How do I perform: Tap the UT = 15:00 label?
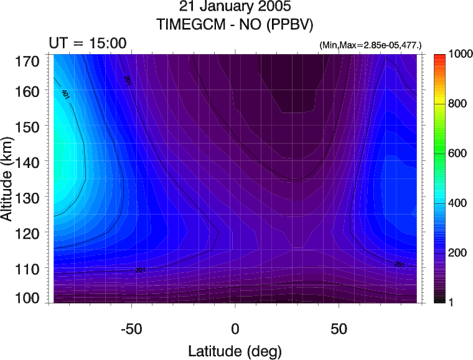(88, 43)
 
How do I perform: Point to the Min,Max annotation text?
(370, 46)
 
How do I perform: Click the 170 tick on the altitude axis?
(29, 61)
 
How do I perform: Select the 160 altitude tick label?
(29, 91)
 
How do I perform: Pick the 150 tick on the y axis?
(29, 126)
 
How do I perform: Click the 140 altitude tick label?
(29, 162)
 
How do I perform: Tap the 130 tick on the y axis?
(29, 197)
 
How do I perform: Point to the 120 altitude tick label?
(29, 233)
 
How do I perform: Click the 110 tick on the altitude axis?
(29, 268)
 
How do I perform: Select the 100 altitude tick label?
(29, 298)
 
